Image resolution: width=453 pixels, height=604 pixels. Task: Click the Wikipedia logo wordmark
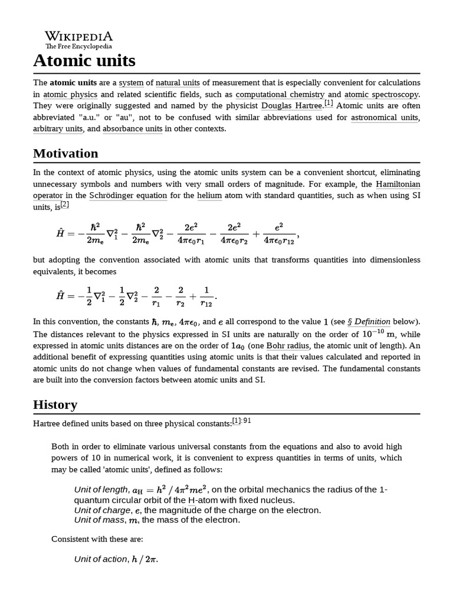(78, 37)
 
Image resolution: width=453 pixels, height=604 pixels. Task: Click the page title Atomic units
(84, 60)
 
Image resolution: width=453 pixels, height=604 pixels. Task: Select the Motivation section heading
(65, 153)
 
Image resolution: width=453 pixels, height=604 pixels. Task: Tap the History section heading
(55, 405)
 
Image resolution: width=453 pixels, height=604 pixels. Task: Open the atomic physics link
(70, 94)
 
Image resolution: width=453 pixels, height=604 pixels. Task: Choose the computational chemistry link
(280, 94)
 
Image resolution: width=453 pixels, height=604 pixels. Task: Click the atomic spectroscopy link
(381, 94)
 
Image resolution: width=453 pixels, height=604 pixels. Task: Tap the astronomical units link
(385, 117)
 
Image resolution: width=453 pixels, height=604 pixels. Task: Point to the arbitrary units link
(58, 129)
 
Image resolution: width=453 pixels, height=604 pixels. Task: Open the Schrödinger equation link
(128, 195)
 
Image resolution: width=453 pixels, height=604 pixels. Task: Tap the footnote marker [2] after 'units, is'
(64, 205)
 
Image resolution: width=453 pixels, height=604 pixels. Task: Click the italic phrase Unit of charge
(99, 510)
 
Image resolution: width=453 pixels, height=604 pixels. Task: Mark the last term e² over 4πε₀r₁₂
(280, 233)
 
